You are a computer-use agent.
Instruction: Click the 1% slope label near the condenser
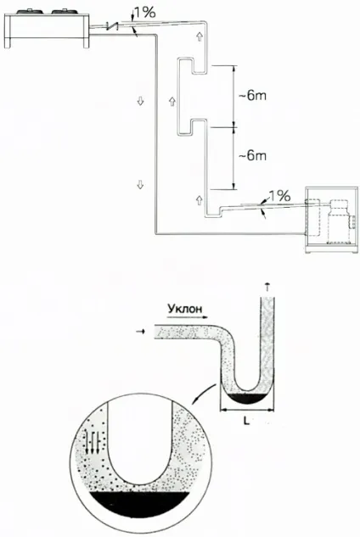coord(144,13)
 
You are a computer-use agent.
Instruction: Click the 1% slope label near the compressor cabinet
coord(279,196)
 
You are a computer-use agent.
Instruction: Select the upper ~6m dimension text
coord(252,96)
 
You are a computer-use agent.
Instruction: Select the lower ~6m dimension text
coord(252,156)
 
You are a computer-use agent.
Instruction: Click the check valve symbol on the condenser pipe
coord(112,25)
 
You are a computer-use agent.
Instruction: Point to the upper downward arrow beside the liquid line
coord(140,101)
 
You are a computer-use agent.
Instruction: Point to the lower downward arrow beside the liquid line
coord(140,185)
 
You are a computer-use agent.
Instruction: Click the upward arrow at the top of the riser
coord(200,36)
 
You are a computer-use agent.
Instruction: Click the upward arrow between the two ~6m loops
coord(172,101)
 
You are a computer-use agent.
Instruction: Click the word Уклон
coord(185,309)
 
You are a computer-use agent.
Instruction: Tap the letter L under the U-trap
coord(246,421)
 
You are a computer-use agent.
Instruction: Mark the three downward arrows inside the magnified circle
coord(93,443)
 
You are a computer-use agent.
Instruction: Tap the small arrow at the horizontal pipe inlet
coord(140,331)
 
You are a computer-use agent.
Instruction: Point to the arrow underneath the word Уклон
coord(189,317)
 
